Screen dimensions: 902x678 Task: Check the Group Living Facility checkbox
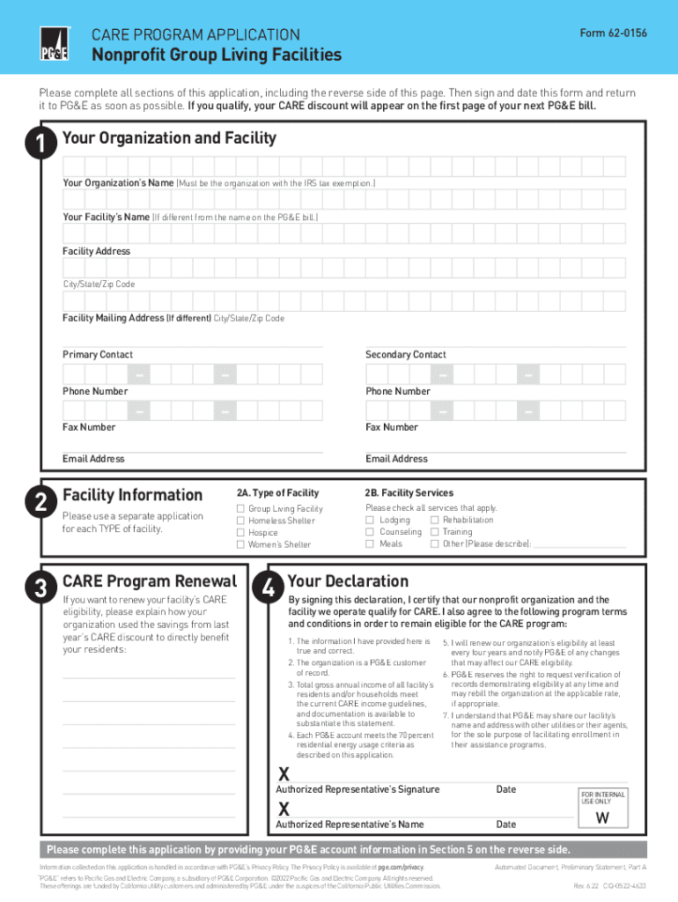(240, 509)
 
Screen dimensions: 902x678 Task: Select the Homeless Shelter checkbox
(240, 521)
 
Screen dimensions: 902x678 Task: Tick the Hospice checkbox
(240, 533)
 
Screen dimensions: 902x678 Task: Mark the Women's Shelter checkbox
(240, 544)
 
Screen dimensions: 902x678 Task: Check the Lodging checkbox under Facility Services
(370, 521)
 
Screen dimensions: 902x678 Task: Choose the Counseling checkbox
(370, 532)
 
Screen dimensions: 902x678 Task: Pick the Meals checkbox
(370, 543)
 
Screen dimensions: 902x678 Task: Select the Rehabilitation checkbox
(434, 521)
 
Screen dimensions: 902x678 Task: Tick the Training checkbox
(434, 532)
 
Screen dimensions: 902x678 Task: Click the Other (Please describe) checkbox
(434, 543)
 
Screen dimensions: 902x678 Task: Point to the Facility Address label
(96, 251)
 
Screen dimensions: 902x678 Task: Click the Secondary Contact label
(405, 355)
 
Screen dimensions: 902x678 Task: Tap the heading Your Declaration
(348, 581)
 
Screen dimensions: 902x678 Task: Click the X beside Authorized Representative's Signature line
(284, 774)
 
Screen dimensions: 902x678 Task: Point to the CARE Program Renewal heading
(149, 581)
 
